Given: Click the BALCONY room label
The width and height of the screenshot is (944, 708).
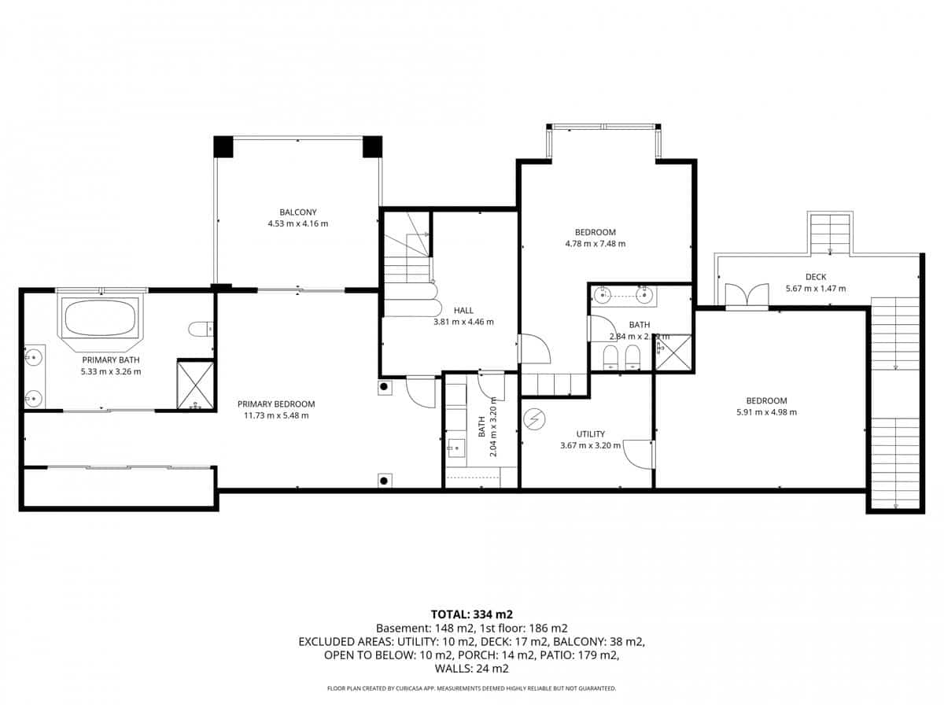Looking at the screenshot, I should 297,212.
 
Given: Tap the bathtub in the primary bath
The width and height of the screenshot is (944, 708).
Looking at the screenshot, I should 100,318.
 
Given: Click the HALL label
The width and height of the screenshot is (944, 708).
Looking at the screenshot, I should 463,310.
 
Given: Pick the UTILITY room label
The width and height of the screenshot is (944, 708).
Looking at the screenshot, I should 590,433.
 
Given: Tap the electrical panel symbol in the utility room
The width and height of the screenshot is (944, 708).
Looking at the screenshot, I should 535,420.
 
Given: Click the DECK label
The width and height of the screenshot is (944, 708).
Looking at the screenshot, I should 815,276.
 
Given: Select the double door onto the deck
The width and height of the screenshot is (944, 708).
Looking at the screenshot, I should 746,295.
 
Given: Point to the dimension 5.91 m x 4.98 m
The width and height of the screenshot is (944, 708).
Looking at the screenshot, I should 766,412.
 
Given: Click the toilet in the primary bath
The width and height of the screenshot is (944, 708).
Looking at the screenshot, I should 201,328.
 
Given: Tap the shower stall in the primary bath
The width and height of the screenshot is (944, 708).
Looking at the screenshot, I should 196,385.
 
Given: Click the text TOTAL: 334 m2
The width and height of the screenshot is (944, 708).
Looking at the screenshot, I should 472,614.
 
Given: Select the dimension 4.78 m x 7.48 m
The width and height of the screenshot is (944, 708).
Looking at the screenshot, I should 595,244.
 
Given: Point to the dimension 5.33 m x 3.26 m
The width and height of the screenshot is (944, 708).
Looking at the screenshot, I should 111,371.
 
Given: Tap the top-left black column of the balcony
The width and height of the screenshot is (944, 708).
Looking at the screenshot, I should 223,146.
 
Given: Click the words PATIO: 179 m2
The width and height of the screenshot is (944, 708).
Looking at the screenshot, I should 588,655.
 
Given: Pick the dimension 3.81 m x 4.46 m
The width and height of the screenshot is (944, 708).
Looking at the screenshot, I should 463,322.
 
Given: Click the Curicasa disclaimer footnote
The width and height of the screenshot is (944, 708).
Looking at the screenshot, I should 472,688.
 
